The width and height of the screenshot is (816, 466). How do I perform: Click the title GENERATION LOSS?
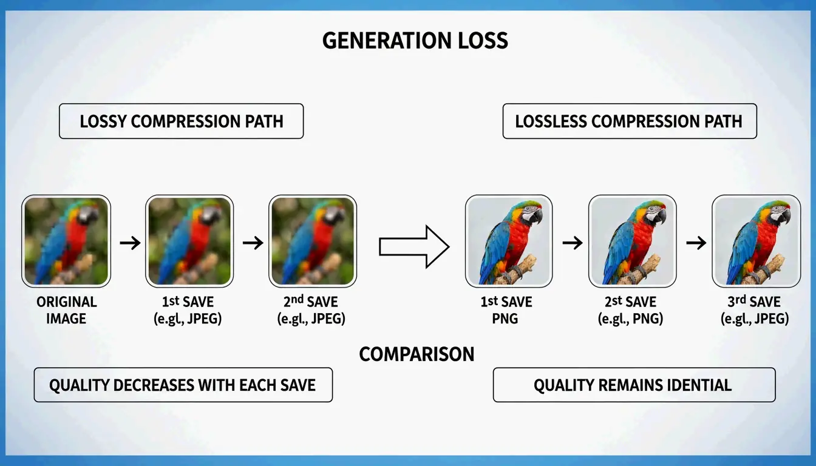pos(415,41)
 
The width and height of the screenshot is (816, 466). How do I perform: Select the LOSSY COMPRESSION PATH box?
pos(181,121)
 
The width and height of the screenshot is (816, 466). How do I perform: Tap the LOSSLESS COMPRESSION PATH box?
pos(629,121)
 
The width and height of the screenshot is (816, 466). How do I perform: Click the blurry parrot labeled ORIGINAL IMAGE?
pos(66,241)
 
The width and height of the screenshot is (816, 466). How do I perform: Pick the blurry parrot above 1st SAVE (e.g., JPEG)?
pos(189,241)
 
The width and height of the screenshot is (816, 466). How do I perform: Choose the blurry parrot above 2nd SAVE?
pos(313,241)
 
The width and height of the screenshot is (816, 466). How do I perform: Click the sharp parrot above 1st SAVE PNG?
pos(509,241)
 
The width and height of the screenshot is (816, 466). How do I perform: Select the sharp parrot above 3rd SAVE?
pos(756,241)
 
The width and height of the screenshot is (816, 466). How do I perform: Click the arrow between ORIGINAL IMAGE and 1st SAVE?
pos(129,243)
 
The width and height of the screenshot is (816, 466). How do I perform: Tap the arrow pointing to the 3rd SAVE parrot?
pos(696,243)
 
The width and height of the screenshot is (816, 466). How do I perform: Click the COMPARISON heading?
pos(416,354)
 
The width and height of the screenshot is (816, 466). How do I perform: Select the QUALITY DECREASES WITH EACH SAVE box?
pos(183,385)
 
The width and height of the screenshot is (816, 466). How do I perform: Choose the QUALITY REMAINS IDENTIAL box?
pos(633,385)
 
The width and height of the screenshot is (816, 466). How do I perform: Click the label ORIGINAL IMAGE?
pos(66,309)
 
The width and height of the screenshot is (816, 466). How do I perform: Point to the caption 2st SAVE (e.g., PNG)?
pos(630,309)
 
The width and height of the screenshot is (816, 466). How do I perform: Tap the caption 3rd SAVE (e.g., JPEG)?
pos(754,309)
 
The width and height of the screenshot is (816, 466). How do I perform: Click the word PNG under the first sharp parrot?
pos(505,318)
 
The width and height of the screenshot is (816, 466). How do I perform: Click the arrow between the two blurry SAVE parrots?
pos(253,243)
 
